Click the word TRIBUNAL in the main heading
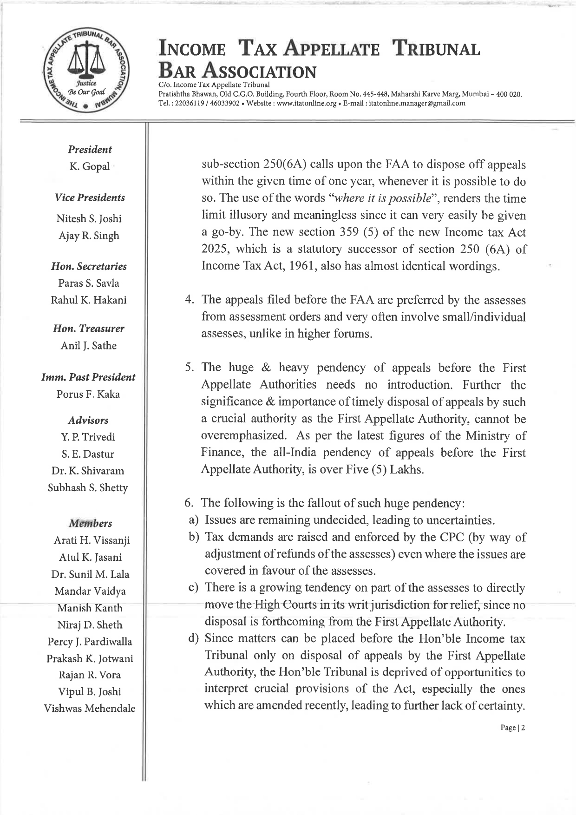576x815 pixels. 436,49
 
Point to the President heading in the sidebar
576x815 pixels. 90,150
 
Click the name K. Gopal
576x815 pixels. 90,166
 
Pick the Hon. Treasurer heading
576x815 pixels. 89,329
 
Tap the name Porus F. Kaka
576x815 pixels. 88,394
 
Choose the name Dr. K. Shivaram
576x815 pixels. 88,471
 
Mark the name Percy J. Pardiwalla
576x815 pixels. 90,642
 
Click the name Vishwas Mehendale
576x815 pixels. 90,709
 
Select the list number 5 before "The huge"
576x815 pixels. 188,368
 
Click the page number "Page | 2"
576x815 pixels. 512,728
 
